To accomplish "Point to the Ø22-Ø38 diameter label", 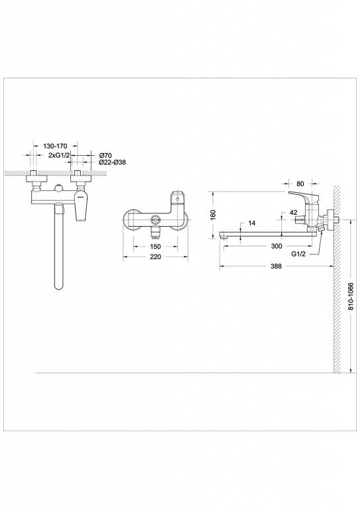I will point(111,162).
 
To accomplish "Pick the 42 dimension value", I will point(293,212).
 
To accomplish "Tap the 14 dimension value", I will point(252,223).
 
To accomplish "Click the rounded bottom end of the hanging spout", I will point(58,287).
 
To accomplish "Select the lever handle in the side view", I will point(304,198).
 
